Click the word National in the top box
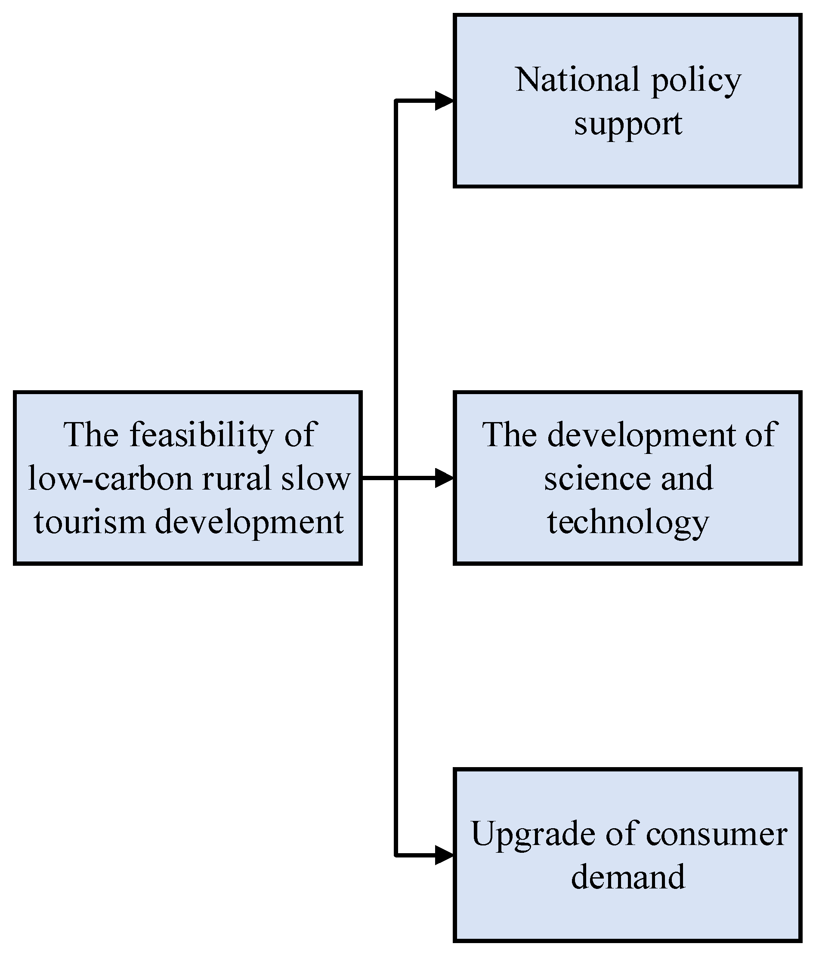tap(577, 80)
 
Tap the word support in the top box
tap(627, 125)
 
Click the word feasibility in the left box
tap(202, 435)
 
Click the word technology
tap(627, 523)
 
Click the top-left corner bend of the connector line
tap(396, 101)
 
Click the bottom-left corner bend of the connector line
tap(396, 855)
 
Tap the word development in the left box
tap(249, 523)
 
